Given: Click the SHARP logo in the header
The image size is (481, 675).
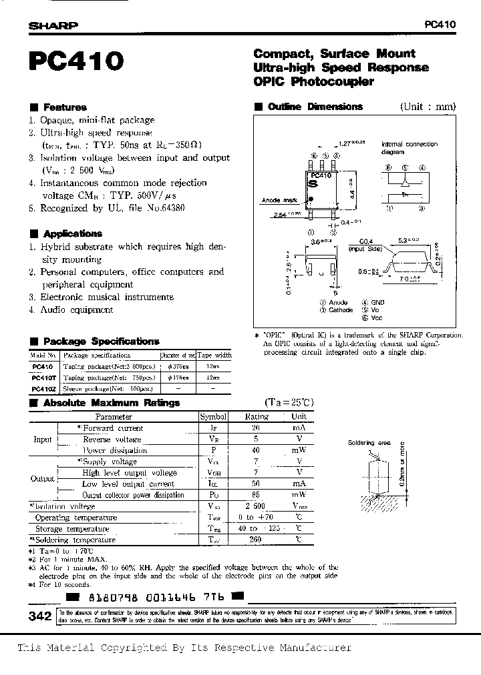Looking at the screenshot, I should pos(53,25).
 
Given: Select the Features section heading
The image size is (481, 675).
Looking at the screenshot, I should pos(65,107).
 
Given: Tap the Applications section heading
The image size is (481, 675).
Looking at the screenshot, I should pos(72,233).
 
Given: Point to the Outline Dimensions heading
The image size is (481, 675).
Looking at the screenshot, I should pos(315,107).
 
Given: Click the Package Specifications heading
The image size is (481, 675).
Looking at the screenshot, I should pos(101,342).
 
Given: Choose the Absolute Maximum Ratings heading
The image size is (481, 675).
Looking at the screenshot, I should pos(111,403).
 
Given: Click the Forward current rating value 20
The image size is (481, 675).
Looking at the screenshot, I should pos(256,428).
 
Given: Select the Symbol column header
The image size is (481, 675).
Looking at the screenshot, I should pos(213,416).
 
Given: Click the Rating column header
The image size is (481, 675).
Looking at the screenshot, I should pos(256,416).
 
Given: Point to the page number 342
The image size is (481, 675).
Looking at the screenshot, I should pos(41,617).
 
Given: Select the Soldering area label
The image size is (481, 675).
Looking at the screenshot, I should pos(369,442).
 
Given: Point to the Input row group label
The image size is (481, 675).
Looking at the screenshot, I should pos(43,440).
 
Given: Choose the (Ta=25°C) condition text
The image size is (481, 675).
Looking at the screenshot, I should pos(289,403).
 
